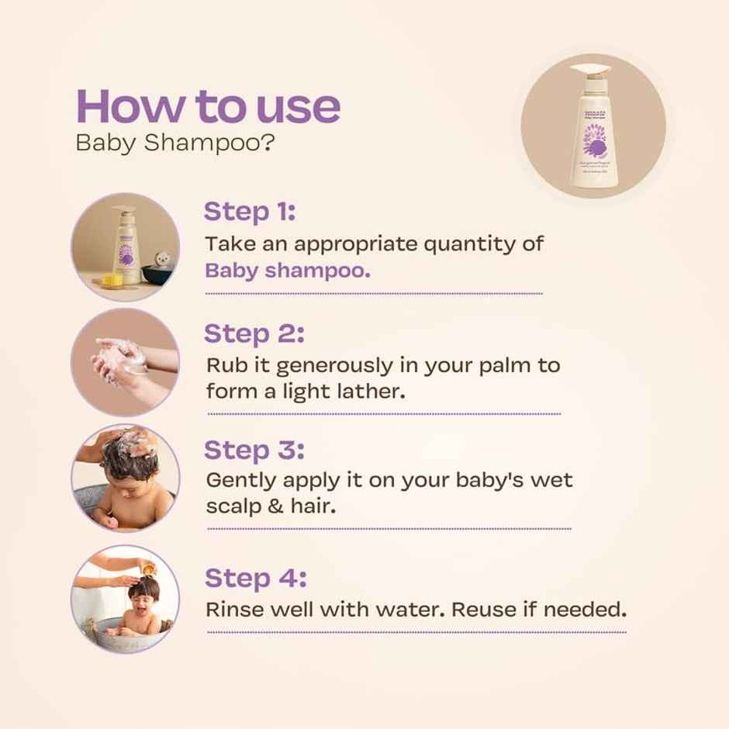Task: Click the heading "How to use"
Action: pyautogui.click(x=208, y=106)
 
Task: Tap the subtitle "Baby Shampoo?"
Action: pyautogui.click(x=174, y=144)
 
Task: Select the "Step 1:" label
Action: pyautogui.click(x=249, y=211)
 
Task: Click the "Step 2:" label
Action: pyautogui.click(x=254, y=333)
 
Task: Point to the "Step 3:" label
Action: pyautogui.click(x=254, y=450)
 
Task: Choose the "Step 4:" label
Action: pyautogui.click(x=255, y=578)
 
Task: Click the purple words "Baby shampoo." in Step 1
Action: pyautogui.click(x=288, y=270)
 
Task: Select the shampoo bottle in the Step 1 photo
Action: pyautogui.click(x=126, y=244)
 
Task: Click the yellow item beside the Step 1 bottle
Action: pyautogui.click(x=113, y=278)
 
